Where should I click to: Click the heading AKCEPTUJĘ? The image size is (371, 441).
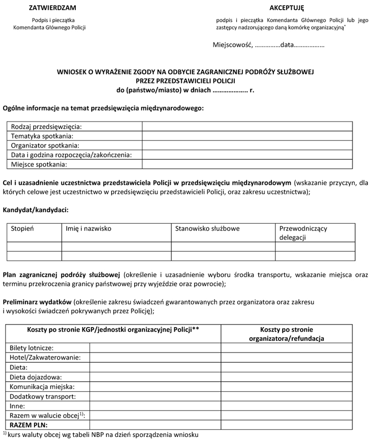coord(286,8)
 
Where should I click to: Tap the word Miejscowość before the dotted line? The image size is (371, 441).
coord(232,45)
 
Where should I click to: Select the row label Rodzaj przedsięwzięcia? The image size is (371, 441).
coord(46,127)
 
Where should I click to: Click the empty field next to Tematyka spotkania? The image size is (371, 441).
coord(246,136)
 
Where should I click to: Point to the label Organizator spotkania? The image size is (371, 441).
coord(45,145)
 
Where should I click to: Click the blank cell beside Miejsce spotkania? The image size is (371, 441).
coord(246,164)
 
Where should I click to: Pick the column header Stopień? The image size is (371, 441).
coord(22,229)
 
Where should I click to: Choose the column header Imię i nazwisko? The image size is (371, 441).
coord(88,229)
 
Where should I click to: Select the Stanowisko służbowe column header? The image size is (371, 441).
coord(207,229)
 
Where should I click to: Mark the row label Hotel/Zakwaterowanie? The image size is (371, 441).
coord(45,358)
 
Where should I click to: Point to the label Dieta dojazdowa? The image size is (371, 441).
coord(36,377)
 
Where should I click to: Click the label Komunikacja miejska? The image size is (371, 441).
coord(41,387)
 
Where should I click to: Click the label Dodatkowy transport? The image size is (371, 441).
coord(43,396)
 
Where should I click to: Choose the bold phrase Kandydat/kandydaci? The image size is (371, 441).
coord(36,210)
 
